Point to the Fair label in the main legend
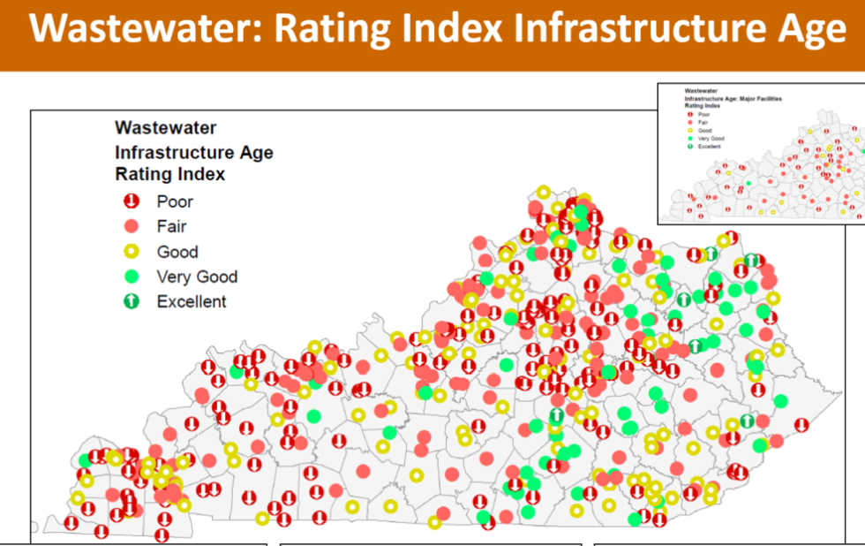coord(171,227)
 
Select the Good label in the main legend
coord(177,252)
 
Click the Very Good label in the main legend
coord(197,277)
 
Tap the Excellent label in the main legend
coord(192,301)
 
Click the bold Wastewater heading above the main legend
coord(166,129)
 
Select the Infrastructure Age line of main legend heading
coord(194,152)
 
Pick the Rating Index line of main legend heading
coord(170,174)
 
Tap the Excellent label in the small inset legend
coord(710,146)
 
